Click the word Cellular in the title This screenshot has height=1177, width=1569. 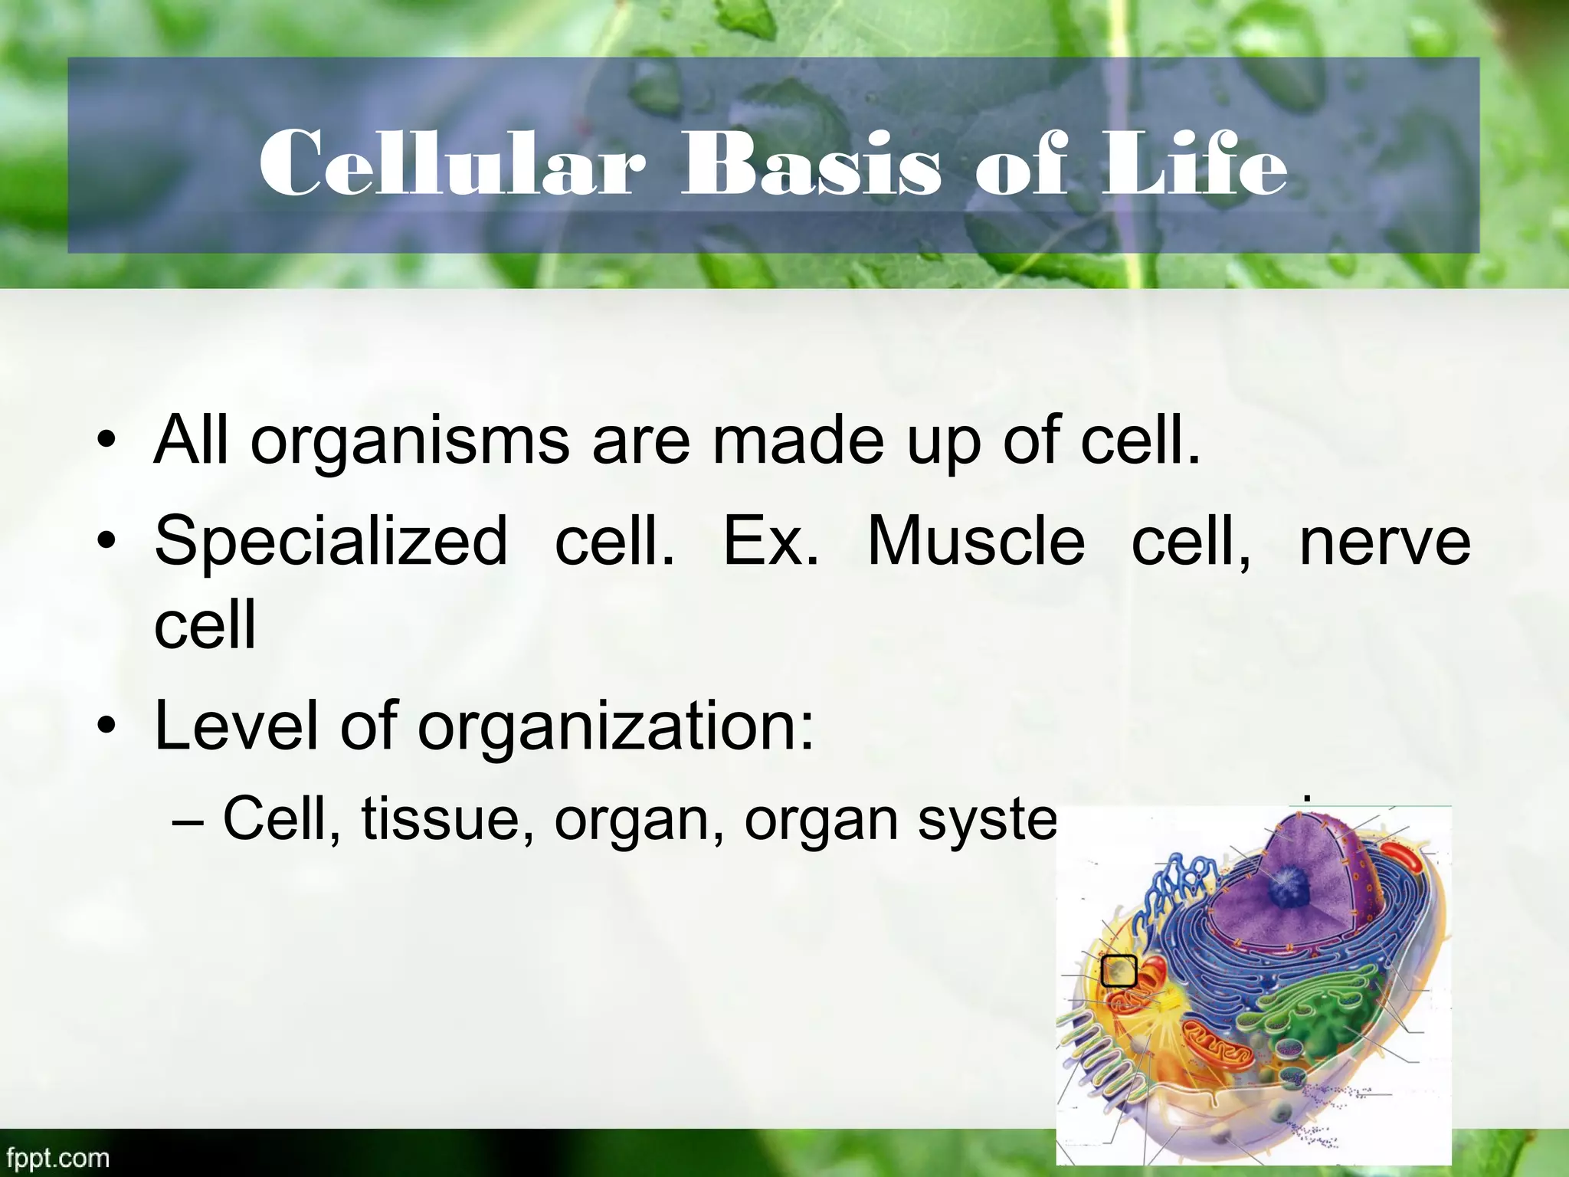coord(452,163)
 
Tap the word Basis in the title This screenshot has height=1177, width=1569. coord(811,163)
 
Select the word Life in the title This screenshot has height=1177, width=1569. coord(1194,163)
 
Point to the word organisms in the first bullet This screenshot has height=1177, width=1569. coord(410,442)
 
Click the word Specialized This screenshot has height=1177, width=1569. coord(331,542)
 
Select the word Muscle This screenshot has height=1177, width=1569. coord(976,542)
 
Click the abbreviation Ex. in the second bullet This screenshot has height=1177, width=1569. coord(771,542)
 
